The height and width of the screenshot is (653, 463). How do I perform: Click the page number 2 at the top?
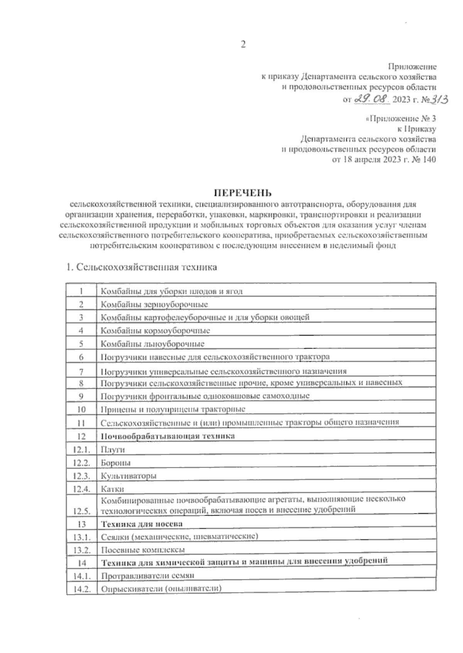[243, 45]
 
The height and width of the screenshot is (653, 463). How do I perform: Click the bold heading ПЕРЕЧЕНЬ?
[243, 192]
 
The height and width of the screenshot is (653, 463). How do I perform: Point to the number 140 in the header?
[429, 160]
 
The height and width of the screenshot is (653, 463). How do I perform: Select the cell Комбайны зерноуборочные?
[154, 304]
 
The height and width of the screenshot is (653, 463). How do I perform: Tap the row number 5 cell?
[81, 344]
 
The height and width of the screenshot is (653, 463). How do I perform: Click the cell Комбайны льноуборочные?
[152, 344]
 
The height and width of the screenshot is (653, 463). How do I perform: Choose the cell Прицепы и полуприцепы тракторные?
[173, 409]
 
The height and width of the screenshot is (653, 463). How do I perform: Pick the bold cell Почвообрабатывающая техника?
[167, 436]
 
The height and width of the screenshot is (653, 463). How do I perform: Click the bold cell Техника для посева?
[141, 524]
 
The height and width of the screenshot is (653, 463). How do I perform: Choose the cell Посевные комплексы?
[142, 550]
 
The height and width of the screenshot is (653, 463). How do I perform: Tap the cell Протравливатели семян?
[147, 575]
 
